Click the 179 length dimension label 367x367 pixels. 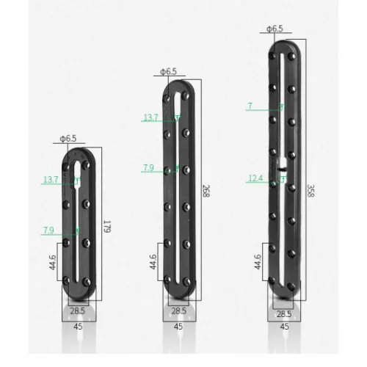108,227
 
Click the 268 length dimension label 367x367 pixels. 206,191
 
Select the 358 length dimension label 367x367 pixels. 310,191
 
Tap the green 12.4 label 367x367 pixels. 255,178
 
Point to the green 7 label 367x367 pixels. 250,106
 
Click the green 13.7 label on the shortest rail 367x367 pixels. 51,180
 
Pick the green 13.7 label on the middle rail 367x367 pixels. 150,117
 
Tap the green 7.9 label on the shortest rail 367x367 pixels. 48,230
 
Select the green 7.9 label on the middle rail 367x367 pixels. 148,168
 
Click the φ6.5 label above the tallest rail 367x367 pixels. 275,29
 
